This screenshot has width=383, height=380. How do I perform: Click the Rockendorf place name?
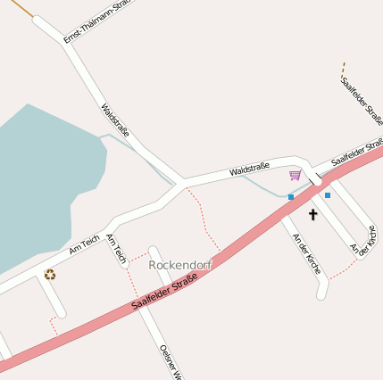point(180,265)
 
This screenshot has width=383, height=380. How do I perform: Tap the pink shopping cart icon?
point(296,175)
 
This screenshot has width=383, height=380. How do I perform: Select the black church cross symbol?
point(313,214)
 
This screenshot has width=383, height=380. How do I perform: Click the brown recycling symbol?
point(50,275)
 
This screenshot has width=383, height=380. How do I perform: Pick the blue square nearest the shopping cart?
point(291,196)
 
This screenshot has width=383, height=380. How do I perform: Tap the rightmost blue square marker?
point(328,194)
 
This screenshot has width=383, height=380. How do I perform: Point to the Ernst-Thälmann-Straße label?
point(97,21)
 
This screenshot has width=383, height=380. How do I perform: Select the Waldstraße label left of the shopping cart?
point(249,169)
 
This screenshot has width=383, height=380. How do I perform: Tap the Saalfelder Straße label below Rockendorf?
point(164,293)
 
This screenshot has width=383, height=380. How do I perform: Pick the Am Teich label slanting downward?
point(115,250)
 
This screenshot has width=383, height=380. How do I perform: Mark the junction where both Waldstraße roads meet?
point(181,184)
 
